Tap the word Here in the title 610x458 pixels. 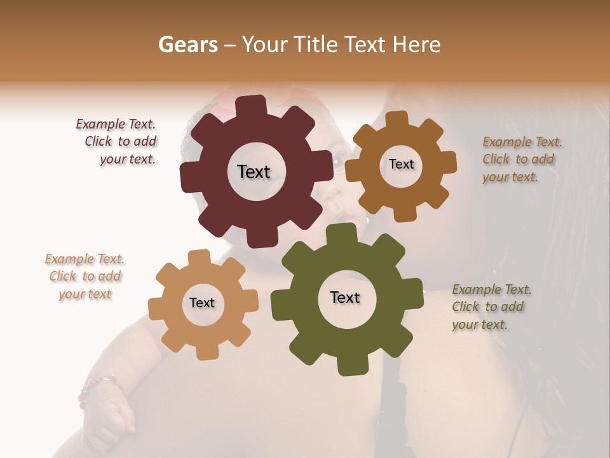(x=416, y=45)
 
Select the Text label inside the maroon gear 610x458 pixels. (x=254, y=172)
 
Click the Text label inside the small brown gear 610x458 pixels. (x=401, y=164)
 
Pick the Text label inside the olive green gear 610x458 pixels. (x=345, y=298)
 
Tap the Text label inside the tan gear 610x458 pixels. (x=202, y=303)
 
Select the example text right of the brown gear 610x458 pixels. (x=520, y=160)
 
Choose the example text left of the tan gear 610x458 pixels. (x=85, y=277)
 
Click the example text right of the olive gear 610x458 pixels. (x=491, y=307)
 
